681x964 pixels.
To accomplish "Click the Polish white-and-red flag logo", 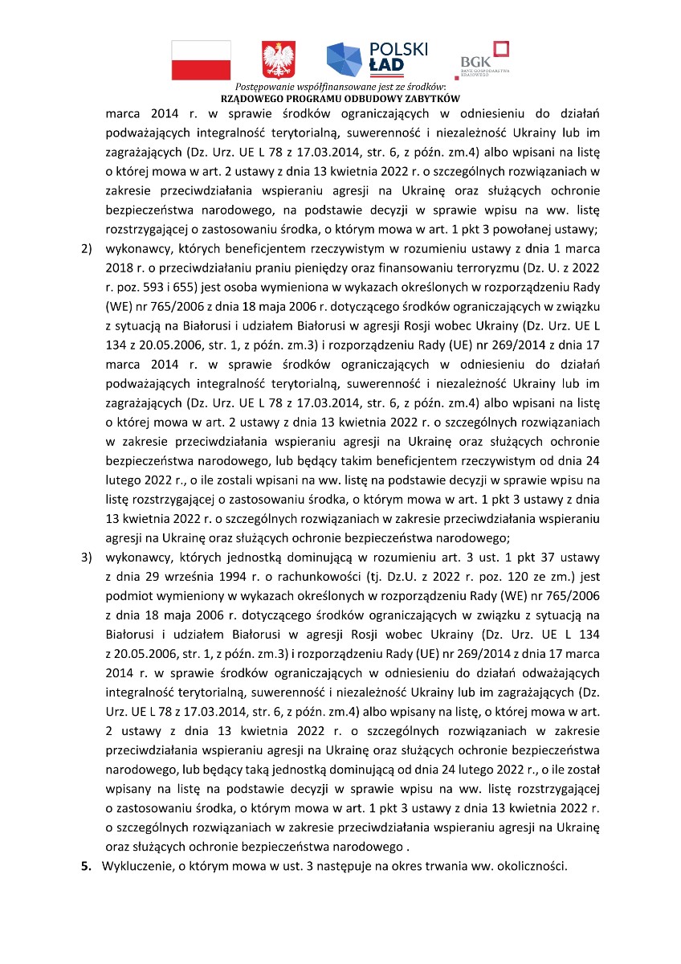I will [201, 59].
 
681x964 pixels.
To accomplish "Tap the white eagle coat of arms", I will [279, 59].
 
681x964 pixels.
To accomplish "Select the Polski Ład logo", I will [377, 57].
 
